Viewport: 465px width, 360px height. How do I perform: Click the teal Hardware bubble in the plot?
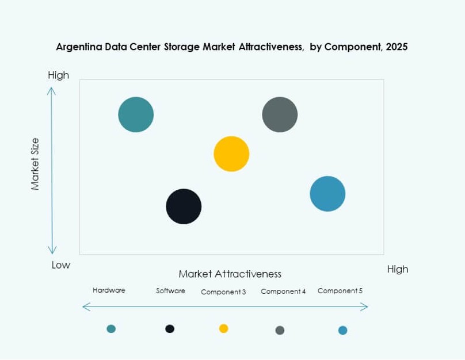pos(136,114)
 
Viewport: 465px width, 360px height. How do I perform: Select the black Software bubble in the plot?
pos(184,206)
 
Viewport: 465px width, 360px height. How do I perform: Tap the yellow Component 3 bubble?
pos(231,154)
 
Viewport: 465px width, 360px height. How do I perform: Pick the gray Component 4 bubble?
pos(280,114)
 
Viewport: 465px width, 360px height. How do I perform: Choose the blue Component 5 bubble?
pos(327,194)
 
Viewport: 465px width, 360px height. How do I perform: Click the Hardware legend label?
pos(109,290)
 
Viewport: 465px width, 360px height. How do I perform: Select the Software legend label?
pos(170,291)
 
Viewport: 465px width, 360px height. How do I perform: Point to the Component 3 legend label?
pos(223,292)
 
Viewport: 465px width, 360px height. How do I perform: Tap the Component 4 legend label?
pos(283,292)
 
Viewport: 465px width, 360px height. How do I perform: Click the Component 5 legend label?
pos(340,291)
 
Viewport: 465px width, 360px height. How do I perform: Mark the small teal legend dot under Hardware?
pos(111,328)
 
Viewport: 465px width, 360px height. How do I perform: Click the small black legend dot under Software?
pos(170,328)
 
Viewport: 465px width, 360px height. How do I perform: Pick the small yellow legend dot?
pos(223,328)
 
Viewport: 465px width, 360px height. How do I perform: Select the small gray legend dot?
pos(280,330)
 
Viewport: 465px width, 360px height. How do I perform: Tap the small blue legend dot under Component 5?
pos(342,330)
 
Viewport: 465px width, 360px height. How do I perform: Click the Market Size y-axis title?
pos(35,164)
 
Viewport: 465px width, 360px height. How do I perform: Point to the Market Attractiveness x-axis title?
pos(230,274)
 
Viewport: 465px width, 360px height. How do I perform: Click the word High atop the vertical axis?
pos(58,75)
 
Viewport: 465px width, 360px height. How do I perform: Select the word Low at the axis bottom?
pos(60,265)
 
